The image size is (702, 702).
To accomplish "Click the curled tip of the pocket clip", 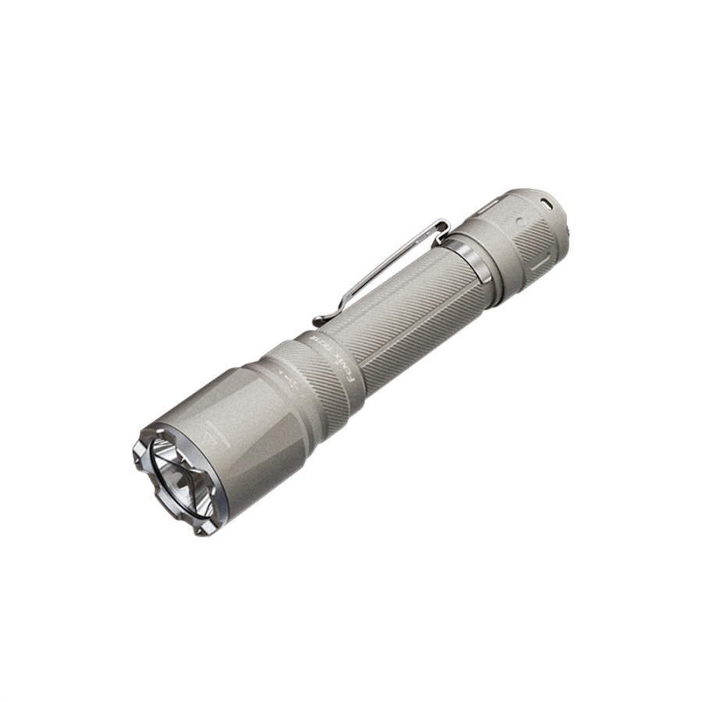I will [320, 321].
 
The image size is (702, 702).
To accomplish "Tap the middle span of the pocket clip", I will [374, 270].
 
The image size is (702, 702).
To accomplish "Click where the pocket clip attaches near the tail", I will [441, 226].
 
